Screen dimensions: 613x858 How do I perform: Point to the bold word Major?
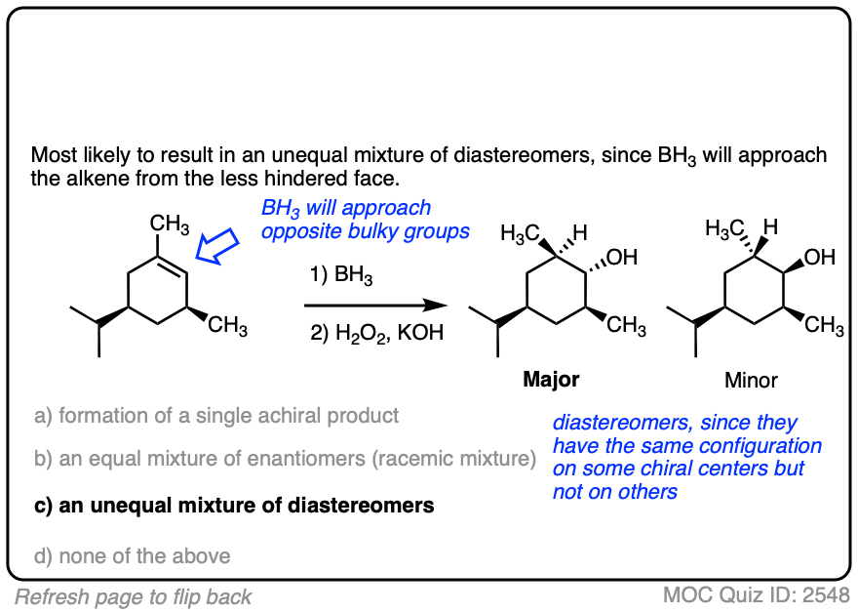click(x=552, y=379)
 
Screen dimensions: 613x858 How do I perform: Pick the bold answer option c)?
click(x=234, y=506)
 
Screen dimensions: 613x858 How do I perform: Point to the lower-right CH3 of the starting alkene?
click(x=227, y=325)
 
